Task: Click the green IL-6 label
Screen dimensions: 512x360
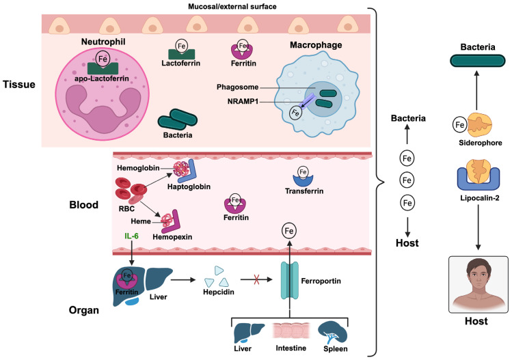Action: [x=131, y=236]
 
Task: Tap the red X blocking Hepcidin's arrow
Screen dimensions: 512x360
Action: [x=256, y=279]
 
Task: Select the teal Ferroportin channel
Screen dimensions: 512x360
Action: [x=290, y=280]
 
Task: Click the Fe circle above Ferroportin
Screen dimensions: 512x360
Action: [x=289, y=231]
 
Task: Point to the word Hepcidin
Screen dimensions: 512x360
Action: [x=219, y=292]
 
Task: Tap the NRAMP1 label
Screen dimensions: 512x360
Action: [x=243, y=102]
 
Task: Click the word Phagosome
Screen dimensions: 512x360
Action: [x=237, y=87]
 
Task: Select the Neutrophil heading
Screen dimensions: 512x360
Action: [x=103, y=42]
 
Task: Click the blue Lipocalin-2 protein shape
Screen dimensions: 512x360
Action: [x=479, y=179]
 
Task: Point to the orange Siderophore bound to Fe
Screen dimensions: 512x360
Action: [x=480, y=125]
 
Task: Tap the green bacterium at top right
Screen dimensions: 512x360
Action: [x=477, y=61]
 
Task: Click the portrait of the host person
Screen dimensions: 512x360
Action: [x=479, y=285]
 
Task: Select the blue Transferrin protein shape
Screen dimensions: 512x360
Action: [x=303, y=180]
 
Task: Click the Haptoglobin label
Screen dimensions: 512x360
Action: [x=189, y=186]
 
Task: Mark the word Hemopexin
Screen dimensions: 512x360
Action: [x=172, y=237]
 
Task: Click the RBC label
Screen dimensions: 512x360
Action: [x=126, y=208]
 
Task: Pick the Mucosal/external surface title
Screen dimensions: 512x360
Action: [x=232, y=7]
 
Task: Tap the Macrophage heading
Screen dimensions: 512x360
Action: [x=316, y=45]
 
